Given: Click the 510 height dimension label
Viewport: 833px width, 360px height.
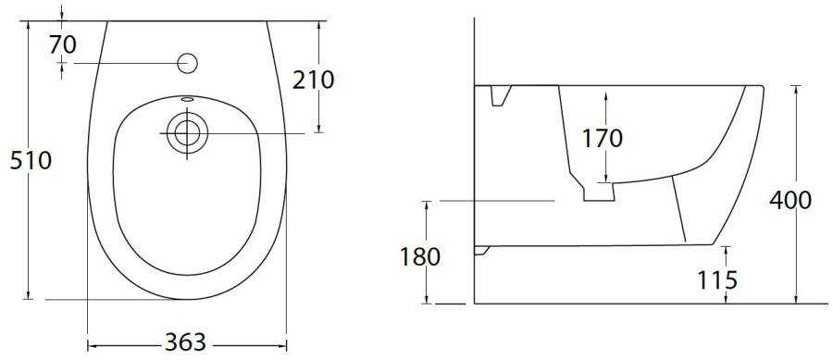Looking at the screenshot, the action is pos(31,160).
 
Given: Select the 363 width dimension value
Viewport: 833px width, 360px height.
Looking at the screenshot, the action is pos(185,341).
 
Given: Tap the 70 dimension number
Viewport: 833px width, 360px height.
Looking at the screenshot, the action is pos(63,45).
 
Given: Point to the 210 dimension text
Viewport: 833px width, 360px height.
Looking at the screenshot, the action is pos(314,80).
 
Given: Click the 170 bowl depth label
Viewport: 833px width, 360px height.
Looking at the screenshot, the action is pos(603,138).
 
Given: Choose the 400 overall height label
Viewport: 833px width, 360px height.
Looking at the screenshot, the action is pos(790,200).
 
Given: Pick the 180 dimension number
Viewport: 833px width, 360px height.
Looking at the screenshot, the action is pos(420,256).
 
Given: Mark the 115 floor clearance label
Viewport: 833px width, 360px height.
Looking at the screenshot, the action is pos(717,280).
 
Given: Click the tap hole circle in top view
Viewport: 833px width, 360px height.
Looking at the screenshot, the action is pos(187,64).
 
